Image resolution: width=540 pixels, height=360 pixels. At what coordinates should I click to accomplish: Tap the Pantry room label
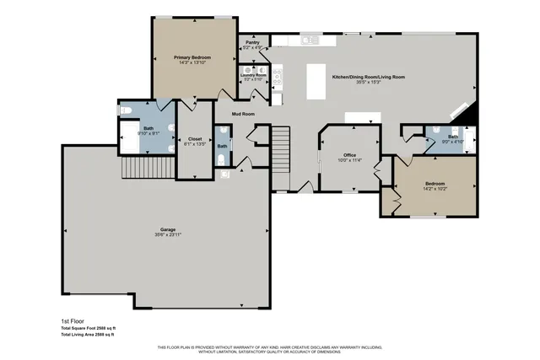251,42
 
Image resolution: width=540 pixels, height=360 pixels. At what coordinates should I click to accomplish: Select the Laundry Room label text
253,75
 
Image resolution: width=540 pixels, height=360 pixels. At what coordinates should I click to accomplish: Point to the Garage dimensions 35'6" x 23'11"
169,234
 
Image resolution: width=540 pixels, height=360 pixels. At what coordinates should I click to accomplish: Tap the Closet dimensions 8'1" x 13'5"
195,144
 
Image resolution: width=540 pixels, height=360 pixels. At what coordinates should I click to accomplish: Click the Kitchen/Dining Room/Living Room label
369,77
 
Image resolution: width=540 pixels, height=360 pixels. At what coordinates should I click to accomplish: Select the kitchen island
317,80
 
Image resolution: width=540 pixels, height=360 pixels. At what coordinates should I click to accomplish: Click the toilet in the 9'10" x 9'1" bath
125,110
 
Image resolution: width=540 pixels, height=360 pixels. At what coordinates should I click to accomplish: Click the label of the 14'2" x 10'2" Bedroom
435,183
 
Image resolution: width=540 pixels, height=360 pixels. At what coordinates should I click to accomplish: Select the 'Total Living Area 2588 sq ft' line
88,335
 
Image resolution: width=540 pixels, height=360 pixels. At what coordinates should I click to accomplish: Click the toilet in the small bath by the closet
223,175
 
